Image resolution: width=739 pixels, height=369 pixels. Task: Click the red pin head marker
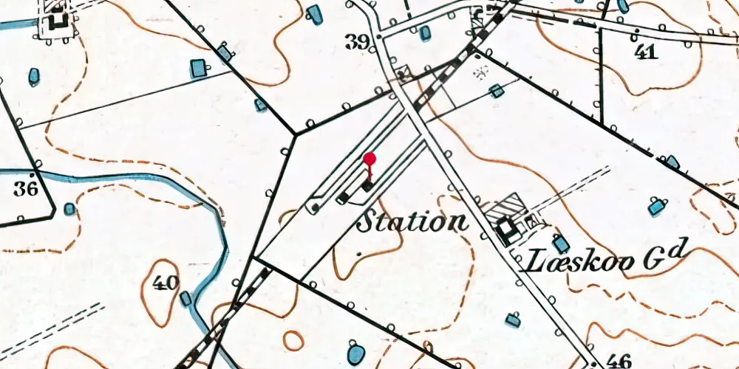click(x=370, y=159)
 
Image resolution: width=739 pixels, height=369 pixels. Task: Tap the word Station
click(x=412, y=221)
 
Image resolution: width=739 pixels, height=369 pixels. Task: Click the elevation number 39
click(x=358, y=43)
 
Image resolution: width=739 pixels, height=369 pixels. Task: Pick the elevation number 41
click(x=646, y=52)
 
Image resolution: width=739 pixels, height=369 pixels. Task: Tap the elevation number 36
click(x=25, y=189)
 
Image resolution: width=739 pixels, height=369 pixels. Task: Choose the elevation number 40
click(x=166, y=283)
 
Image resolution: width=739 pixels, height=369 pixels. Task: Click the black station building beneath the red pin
click(x=367, y=186)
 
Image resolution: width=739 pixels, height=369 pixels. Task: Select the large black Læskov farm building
click(x=507, y=230)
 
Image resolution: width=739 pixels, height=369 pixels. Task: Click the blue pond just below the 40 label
click(x=185, y=299)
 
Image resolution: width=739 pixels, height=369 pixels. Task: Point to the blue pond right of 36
click(x=69, y=209)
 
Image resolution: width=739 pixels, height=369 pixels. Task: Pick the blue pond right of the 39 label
click(x=425, y=33)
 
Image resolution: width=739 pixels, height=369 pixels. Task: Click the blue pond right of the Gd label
click(x=657, y=207)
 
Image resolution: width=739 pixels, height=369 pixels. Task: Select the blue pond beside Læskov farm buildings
click(x=562, y=244)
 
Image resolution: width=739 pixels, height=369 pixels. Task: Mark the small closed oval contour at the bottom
click(x=293, y=341)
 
